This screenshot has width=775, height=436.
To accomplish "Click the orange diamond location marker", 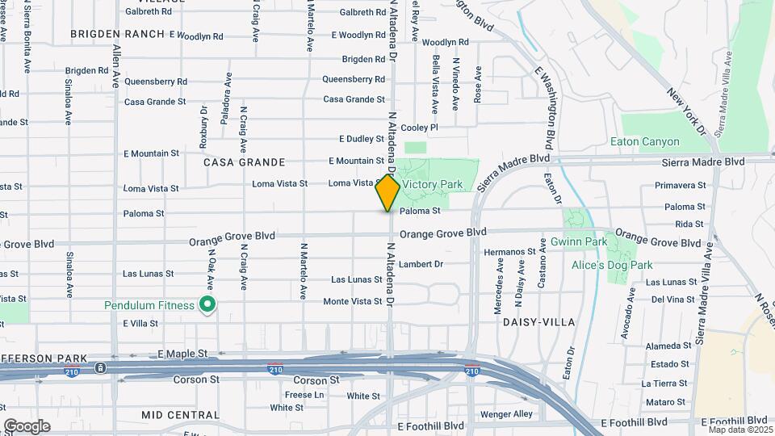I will pyautogui.click(x=387, y=193).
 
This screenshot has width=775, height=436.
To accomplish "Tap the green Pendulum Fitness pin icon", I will pyautogui.click(x=207, y=304).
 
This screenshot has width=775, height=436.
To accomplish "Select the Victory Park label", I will pyautogui.click(x=433, y=185).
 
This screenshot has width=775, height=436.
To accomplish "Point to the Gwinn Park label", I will pyautogui.click(x=579, y=241).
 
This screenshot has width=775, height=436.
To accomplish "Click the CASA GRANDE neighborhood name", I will pyautogui.click(x=235, y=162).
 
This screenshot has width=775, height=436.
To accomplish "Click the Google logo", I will pyautogui.click(x=27, y=426).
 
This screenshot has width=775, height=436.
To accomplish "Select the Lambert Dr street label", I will pyautogui.click(x=422, y=264).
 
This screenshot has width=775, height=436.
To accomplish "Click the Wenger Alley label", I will pyautogui.click(x=506, y=414).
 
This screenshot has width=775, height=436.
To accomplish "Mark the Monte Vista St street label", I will pyautogui.click(x=352, y=301).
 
